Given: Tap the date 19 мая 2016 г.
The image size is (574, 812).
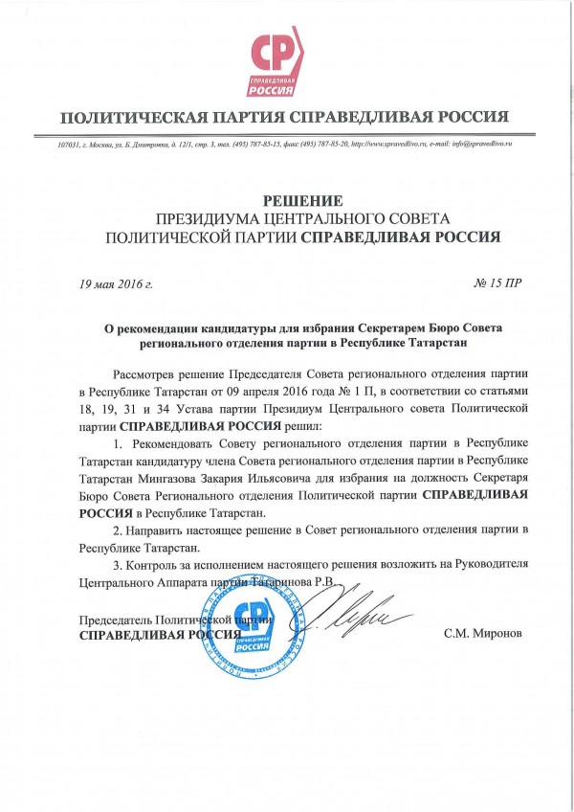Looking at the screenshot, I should pyautogui.click(x=117, y=283).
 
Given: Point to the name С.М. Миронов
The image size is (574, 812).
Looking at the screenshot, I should pyautogui.click(x=483, y=634).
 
